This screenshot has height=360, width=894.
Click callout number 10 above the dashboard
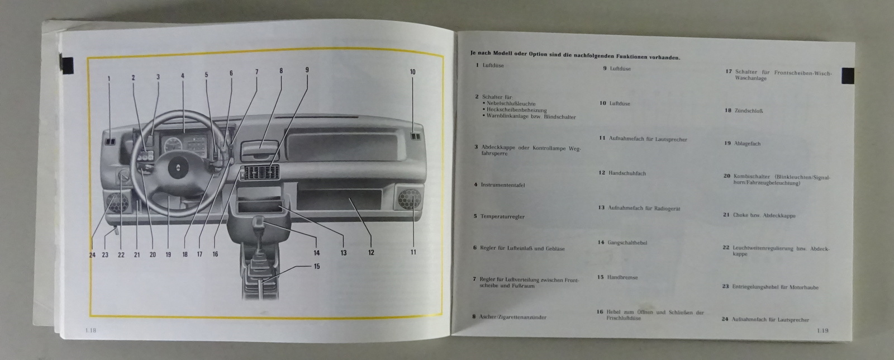point(412,72)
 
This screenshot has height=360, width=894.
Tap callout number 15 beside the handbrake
point(317,267)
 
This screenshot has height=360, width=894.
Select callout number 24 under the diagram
point(92,255)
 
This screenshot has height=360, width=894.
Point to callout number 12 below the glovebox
point(371,253)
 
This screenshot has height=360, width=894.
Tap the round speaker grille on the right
point(409,200)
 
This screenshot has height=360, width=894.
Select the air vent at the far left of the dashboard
point(110,142)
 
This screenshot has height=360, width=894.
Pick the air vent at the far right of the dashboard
point(415,136)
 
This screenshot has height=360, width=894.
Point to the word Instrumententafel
point(502,184)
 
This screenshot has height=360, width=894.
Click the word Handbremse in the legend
point(622,277)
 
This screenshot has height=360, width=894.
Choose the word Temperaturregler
point(502,216)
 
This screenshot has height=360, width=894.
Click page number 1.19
point(822,330)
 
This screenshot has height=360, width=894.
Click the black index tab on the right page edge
point(848,75)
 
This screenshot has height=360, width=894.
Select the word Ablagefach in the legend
point(747,144)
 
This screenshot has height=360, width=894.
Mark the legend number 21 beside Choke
point(726,215)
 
